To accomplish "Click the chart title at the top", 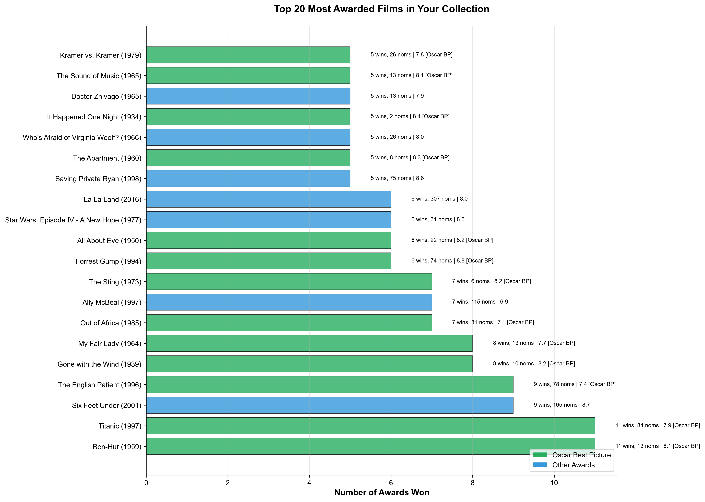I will click(x=381, y=9).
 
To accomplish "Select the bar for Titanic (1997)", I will click(x=370, y=426).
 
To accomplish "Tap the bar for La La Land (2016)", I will click(x=268, y=199).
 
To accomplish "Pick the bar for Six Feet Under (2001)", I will click(x=329, y=405).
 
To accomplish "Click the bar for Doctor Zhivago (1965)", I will click(x=248, y=96).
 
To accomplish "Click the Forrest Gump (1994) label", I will click(x=108, y=261).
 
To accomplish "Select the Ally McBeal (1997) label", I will click(x=112, y=302).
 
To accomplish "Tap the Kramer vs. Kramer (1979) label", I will click(x=100, y=55).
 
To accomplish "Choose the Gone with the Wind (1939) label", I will click(x=99, y=364).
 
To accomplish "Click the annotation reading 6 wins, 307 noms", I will click(x=439, y=199).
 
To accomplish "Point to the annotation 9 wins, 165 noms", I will click(x=562, y=405).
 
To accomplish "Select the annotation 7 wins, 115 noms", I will click(x=480, y=302).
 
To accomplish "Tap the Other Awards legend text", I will click(x=573, y=465).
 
